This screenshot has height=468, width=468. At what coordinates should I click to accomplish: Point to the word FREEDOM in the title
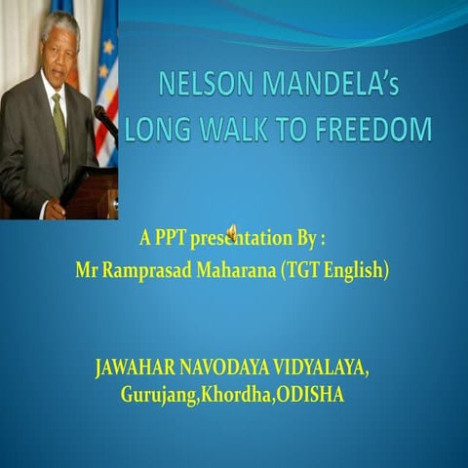click(379, 129)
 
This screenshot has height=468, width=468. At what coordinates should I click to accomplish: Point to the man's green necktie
click(58, 122)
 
